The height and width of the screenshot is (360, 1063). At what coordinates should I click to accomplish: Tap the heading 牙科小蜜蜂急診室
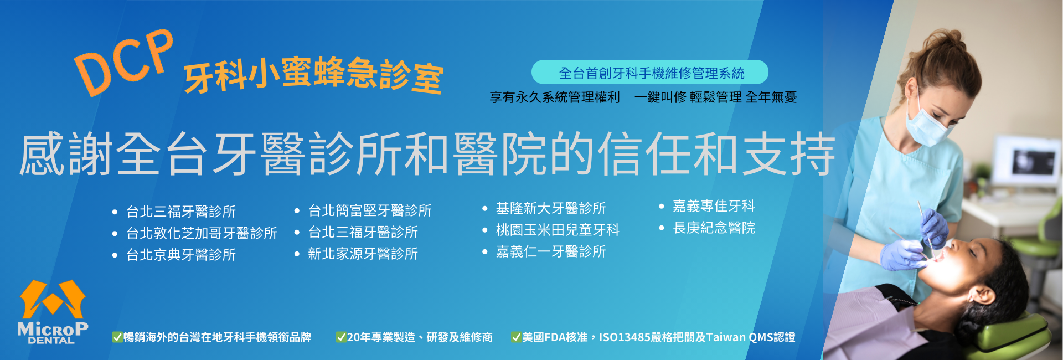313,75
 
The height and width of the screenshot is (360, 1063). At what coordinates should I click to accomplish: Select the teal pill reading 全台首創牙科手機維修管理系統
650,73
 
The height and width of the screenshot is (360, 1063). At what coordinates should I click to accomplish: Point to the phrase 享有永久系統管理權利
555,97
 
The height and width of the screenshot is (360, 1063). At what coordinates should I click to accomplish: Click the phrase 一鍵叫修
660,97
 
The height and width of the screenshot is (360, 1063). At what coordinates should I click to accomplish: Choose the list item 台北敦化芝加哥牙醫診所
202,233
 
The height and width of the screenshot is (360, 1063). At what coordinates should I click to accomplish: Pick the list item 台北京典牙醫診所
181,255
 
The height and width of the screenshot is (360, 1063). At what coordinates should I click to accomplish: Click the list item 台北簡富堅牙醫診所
370,210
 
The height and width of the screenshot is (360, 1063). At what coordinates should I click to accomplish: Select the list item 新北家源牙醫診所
363,254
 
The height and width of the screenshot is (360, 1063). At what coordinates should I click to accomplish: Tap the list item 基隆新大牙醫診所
551,208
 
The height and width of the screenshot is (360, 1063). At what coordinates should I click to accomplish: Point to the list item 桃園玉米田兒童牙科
558,230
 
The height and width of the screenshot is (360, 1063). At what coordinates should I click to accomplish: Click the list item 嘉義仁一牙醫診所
551,251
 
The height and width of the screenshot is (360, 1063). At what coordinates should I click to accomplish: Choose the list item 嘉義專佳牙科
714,206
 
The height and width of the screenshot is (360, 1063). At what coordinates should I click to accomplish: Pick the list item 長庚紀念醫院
714,228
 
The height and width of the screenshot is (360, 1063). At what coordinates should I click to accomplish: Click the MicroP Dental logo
53,312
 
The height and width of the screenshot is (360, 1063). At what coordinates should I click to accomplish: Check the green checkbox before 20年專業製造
341,337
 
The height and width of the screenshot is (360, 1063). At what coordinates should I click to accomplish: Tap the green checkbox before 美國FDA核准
516,337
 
